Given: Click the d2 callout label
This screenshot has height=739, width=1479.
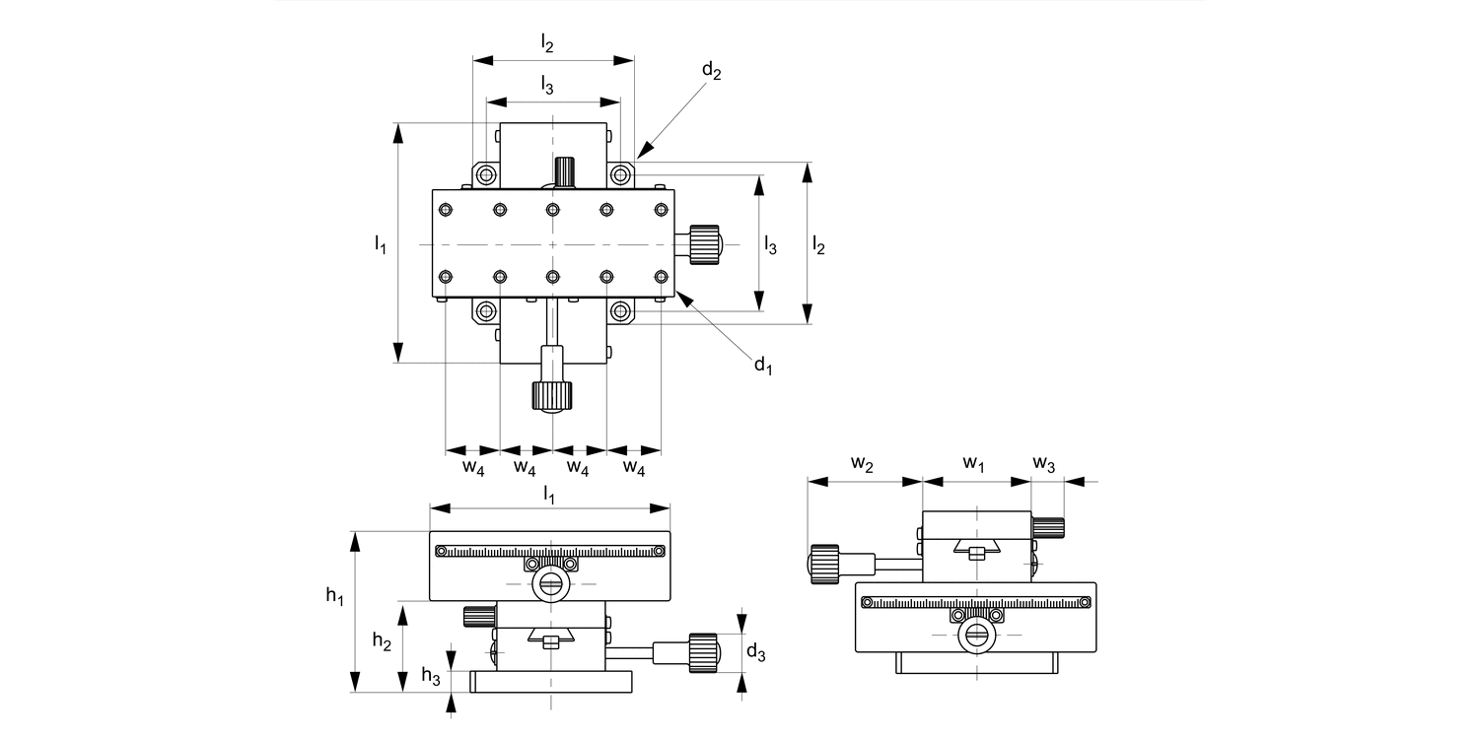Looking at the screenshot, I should (712, 71).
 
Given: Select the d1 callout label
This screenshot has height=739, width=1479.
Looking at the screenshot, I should (763, 367).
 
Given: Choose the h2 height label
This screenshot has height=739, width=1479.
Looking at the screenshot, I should (382, 640).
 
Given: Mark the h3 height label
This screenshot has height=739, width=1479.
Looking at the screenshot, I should (432, 675).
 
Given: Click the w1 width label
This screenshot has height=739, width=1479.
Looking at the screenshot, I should (974, 464).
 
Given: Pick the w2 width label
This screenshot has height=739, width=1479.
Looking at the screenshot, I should (863, 464).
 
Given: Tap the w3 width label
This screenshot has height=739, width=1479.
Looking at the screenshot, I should (1044, 464).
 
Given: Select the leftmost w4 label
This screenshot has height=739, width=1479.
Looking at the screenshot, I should (473, 467).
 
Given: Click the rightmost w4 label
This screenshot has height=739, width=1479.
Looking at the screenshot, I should (634, 467).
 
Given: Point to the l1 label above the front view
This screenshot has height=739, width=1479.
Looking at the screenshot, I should (549, 495).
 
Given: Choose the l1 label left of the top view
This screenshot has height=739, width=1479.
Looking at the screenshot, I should (380, 243).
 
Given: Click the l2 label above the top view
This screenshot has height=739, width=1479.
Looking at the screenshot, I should (547, 42).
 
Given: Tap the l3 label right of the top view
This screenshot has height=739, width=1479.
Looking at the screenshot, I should (770, 245).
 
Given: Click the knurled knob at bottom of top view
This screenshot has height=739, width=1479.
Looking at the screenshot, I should (552, 396).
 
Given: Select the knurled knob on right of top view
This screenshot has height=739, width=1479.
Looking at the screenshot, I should (704, 244).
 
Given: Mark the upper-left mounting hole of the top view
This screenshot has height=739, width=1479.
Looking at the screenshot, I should (485, 175).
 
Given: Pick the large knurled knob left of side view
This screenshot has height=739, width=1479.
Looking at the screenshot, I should (824, 564).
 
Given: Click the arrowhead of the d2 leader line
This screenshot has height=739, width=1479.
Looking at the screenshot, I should (641, 153).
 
